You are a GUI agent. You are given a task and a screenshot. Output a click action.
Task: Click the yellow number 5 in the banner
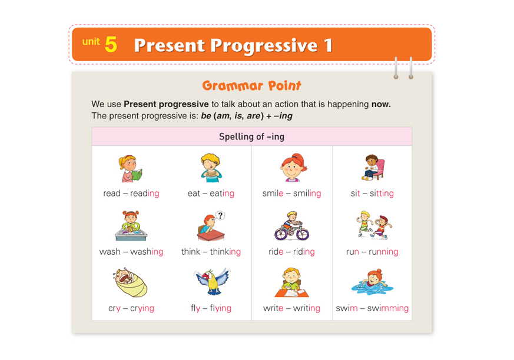click(x=111, y=44)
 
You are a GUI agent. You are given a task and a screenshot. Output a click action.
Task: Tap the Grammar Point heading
click(x=251, y=85)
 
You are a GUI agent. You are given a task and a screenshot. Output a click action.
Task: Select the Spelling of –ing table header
click(x=251, y=136)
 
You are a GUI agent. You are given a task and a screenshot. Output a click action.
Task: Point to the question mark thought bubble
click(x=220, y=215)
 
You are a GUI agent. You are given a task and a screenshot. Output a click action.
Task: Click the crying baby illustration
click(x=131, y=282)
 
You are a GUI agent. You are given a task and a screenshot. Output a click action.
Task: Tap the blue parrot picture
click(x=212, y=281)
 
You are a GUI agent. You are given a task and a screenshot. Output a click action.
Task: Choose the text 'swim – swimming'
click(x=372, y=308)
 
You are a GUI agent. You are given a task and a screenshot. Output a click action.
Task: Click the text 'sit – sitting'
click(x=372, y=194)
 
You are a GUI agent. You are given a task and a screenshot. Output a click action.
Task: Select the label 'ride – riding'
click(x=291, y=252)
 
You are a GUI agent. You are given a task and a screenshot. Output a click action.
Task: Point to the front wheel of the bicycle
click(x=301, y=233)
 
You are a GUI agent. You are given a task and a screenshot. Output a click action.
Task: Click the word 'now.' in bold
click(x=381, y=104)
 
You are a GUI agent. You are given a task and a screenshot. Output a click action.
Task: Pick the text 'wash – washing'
click(x=131, y=252)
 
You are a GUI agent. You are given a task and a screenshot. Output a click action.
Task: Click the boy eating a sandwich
click(x=211, y=168)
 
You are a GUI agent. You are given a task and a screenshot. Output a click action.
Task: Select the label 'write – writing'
click(x=291, y=308)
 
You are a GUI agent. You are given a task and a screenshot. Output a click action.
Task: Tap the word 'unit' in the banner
click(x=91, y=42)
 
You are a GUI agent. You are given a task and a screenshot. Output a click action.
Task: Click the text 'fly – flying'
click(x=211, y=308)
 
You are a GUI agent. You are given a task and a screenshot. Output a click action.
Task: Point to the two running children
click(x=374, y=225)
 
